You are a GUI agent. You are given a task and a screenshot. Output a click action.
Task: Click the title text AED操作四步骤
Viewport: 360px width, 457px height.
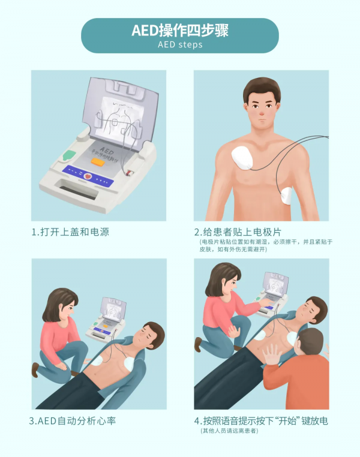[x=179, y=31]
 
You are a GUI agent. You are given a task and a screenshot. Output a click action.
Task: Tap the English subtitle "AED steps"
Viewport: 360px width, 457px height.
[x=179, y=45]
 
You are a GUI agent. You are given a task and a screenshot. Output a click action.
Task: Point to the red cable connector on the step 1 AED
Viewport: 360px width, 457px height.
[x=128, y=172]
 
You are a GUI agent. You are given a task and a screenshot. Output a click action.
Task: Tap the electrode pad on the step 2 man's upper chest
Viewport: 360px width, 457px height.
[x=245, y=158]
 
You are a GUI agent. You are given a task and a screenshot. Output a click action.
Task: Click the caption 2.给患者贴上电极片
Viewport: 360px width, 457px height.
[x=238, y=231]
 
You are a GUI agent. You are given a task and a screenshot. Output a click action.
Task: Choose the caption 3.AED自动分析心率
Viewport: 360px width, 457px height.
[x=73, y=421]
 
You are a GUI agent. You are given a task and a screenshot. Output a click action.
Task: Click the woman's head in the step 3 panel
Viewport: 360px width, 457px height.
[x=60, y=303]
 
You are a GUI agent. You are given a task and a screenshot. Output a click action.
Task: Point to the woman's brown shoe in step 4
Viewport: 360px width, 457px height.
[x=198, y=344]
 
